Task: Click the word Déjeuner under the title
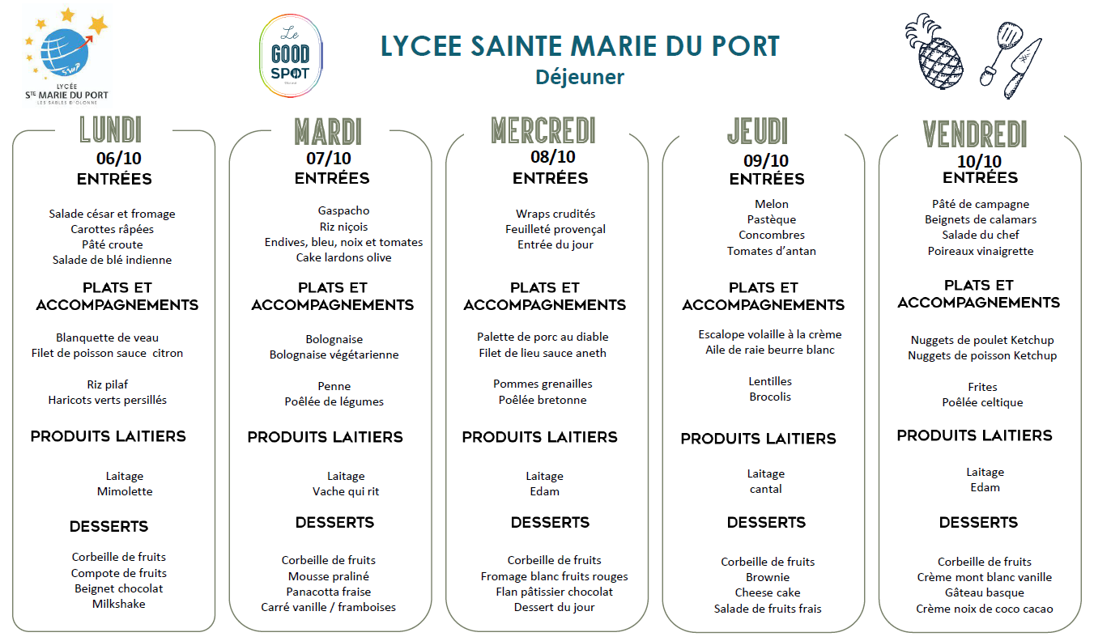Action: [x=579, y=77]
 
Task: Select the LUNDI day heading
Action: [x=111, y=130]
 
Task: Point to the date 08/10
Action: [x=553, y=157]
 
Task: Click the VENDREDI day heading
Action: [x=975, y=134]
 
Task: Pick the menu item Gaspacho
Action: [x=343, y=210]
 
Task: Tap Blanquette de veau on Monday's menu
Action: [x=108, y=337]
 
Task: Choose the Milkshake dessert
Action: [x=118, y=604]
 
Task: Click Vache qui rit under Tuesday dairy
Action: [x=346, y=491]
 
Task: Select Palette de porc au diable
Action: [x=543, y=337]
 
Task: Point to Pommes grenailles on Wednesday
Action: [x=543, y=384]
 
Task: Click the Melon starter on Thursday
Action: [x=771, y=204]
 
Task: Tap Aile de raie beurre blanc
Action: [x=770, y=350]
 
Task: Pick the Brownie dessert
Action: [x=768, y=577]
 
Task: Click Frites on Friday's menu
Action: [x=982, y=387]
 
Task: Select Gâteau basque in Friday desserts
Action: [x=984, y=592]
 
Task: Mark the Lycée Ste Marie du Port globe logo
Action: [x=67, y=57]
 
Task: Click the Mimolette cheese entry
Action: [x=125, y=491]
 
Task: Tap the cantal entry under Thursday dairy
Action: [x=766, y=489]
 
